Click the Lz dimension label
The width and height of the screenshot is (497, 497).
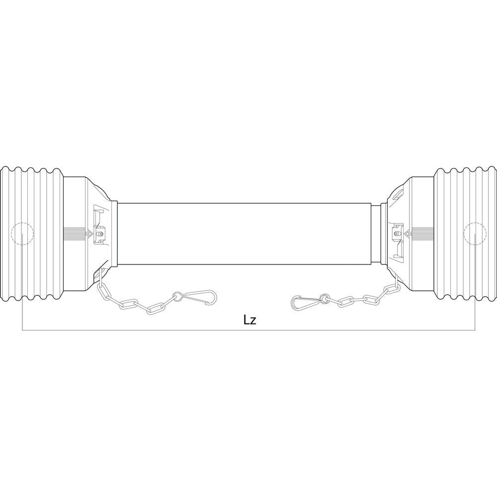[249, 320]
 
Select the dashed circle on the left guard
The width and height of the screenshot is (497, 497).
[21, 234]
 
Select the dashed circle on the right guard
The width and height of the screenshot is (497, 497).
[475, 234]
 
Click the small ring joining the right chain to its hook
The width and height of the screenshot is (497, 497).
[324, 299]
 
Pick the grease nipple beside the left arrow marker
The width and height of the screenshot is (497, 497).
[101, 232]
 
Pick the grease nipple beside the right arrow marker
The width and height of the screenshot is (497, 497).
[397, 232]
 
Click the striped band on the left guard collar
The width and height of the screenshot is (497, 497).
[75, 233]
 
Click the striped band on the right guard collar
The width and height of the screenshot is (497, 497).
[422, 233]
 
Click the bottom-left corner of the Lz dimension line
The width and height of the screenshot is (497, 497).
[22, 330]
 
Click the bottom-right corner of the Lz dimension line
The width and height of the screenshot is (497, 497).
[475, 330]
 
